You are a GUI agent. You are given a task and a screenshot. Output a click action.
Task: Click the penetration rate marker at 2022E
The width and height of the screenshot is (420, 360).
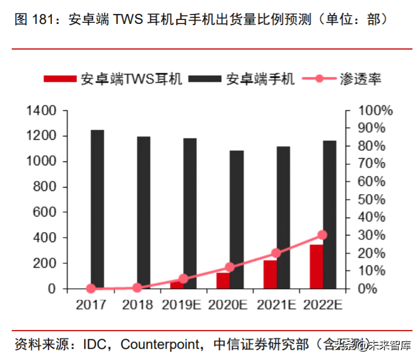[323, 235]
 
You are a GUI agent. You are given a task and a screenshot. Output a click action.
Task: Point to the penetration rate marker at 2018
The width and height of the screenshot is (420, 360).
[137, 288]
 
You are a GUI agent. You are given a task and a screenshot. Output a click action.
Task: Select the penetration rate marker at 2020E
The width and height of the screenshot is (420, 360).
[229, 267]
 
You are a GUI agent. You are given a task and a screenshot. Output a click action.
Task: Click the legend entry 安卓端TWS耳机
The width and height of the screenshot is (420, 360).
[114, 79]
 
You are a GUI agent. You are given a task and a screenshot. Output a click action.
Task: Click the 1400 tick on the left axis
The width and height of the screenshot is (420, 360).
[41, 111]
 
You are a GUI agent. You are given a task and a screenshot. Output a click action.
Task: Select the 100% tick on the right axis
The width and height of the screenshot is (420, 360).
[375, 111]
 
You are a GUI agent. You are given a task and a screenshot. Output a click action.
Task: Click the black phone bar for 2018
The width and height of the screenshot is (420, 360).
[144, 212]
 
